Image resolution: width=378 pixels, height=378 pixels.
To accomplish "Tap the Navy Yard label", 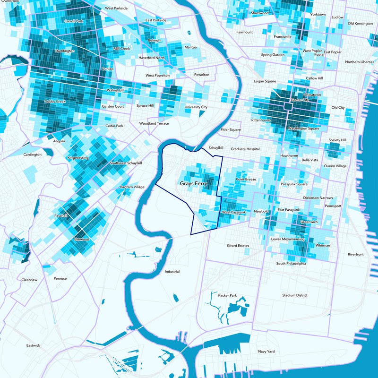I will tap(266, 352).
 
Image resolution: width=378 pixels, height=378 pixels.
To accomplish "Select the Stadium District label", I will tap(295, 295).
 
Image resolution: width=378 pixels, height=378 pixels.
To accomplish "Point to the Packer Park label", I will tap(227, 295).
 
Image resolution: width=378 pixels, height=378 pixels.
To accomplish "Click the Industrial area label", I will tap(172, 272).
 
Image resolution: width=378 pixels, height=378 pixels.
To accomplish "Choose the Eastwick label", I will tap(34, 345).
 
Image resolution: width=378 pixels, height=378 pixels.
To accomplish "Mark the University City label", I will tap(196, 107).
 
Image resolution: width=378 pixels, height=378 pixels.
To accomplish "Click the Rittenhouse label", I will tap(261, 120).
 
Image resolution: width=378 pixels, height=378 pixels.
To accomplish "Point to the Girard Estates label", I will tap(238, 246).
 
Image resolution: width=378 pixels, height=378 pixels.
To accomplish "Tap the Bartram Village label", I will tap(132, 187).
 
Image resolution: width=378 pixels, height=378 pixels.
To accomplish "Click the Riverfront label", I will tap(356, 254).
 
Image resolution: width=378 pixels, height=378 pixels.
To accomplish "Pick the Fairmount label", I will tap(245, 32).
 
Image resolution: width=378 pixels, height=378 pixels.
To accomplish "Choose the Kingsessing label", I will tap(78, 157).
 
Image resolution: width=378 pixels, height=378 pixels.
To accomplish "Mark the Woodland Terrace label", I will tap(154, 123).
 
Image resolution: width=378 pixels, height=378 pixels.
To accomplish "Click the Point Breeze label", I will tap(246, 180).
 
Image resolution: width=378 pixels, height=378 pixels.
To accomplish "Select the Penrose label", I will tap(60, 279).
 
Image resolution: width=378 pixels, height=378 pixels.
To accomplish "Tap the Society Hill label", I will tap(337, 140).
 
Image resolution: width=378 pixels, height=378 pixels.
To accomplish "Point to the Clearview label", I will tap(29, 280).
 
